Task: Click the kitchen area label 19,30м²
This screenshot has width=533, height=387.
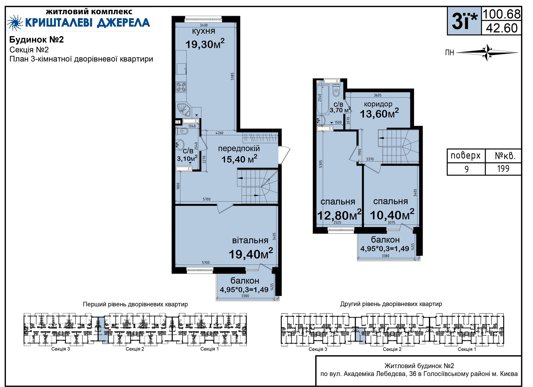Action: tap(205, 44)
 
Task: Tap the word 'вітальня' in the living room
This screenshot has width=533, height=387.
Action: tap(250, 240)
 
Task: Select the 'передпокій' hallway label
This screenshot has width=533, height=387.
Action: tap(239, 149)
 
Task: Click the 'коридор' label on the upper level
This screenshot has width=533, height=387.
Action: tap(378, 104)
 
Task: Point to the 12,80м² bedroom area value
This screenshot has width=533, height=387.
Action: tap(339, 215)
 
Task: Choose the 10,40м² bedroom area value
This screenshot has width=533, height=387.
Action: tap(392, 215)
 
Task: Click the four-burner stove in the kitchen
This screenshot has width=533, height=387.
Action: tap(181, 87)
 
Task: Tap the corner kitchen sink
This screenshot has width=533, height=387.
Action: tap(183, 110)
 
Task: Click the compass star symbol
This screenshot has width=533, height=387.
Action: tap(487, 52)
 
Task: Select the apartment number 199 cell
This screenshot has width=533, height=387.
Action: tap(503, 169)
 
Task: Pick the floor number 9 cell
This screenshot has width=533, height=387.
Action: tap(466, 169)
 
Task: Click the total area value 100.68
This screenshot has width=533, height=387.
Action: tap(502, 14)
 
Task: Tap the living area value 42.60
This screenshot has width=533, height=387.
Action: tap(502, 28)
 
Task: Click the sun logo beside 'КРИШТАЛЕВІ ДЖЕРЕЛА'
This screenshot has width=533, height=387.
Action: tap(15, 22)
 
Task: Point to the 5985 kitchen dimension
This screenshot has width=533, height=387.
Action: tap(233, 77)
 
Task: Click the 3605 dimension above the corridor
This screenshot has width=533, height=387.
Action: tap(378, 95)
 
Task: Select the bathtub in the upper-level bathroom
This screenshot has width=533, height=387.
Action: tap(323, 99)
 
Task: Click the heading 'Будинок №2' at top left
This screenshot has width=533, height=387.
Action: tap(37, 40)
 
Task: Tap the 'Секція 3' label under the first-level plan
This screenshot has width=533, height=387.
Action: tap(61, 349)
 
